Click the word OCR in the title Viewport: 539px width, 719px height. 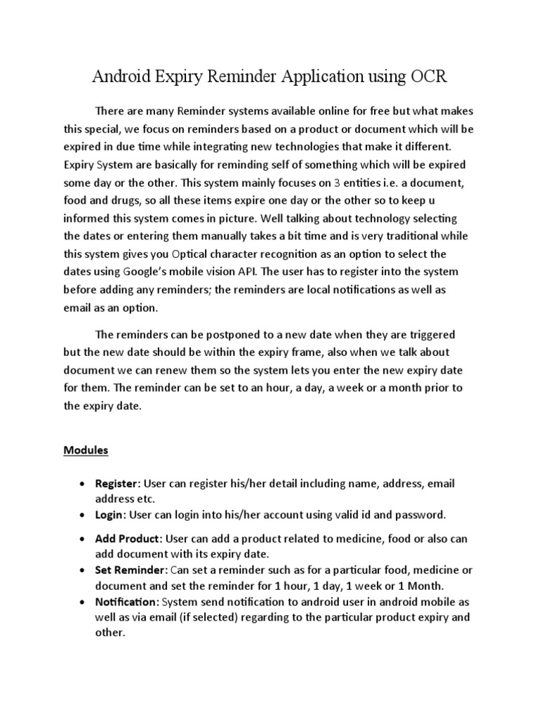425,77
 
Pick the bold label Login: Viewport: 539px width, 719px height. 112,515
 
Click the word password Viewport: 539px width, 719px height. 418,515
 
